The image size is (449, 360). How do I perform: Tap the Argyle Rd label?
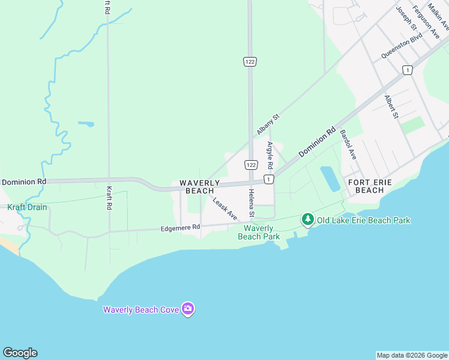click(x=270, y=155)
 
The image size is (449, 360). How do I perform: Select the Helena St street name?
click(x=252, y=204)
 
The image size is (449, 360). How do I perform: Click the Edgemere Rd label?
click(x=179, y=228)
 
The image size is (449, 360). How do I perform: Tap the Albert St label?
click(x=391, y=106)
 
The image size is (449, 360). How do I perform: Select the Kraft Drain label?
click(x=27, y=207)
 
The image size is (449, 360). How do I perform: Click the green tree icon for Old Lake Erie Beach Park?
click(x=308, y=220)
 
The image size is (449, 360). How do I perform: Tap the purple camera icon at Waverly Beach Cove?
click(x=188, y=309)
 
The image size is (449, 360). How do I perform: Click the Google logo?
click(x=20, y=353)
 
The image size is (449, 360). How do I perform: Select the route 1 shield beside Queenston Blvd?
click(x=408, y=70)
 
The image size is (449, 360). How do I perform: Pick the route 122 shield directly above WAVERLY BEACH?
click(x=251, y=164)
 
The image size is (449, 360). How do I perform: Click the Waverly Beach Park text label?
click(x=259, y=232)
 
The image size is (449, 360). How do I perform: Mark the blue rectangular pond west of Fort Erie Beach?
click(x=330, y=179)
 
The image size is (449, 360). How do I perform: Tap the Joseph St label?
click(x=406, y=18)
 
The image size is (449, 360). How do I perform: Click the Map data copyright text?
click(x=411, y=355)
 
